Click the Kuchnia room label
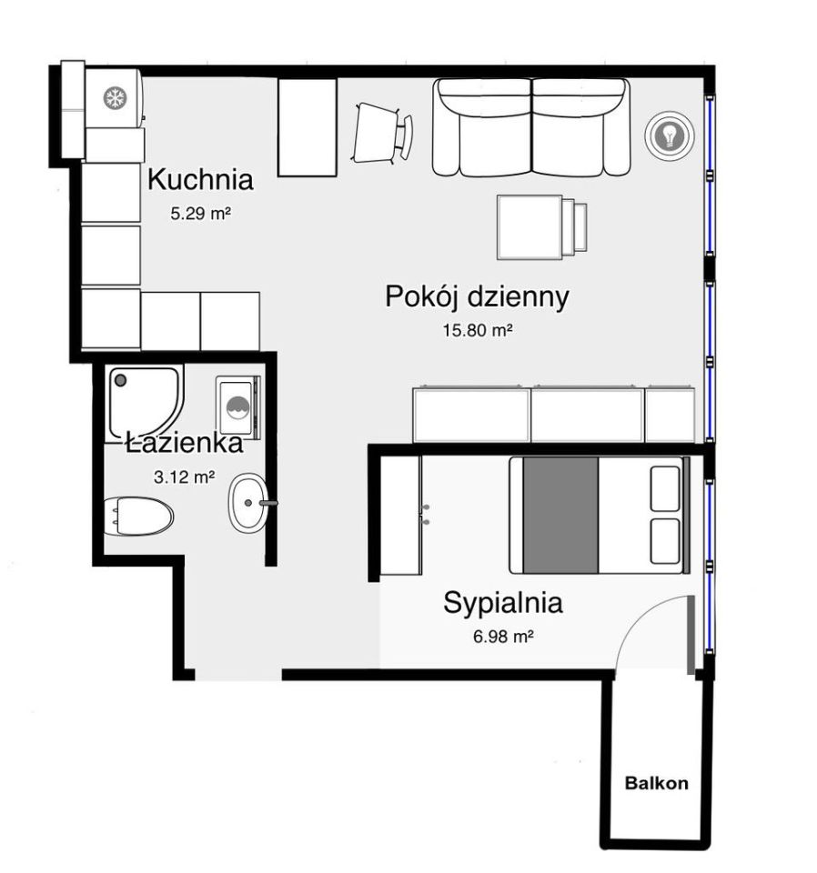tap(200, 180)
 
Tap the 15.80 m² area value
tap(478, 330)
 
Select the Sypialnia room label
tap(503, 603)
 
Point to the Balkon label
tap(657, 783)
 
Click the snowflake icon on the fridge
tap(116, 98)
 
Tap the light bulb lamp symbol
tap(670, 135)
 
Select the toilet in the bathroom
tap(138, 517)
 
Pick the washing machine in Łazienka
tap(238, 406)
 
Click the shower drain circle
tap(120, 380)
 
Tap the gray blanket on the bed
tap(560, 515)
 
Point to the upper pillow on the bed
tap(665, 489)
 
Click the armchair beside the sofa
tap(383, 133)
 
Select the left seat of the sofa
tap(483, 128)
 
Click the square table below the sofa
tap(530, 227)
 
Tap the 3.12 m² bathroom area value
tap(185, 477)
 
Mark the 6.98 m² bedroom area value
tap(503, 636)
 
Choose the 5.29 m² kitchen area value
tap(201, 213)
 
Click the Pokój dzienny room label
tap(478, 296)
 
